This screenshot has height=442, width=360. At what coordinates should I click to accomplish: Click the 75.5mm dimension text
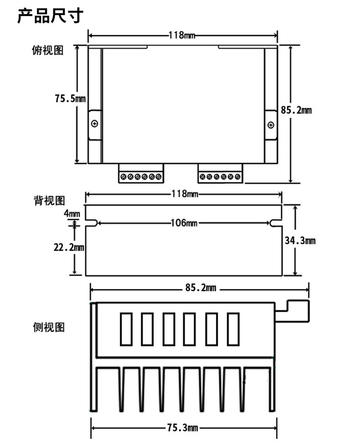pyautogui.click(x=70, y=98)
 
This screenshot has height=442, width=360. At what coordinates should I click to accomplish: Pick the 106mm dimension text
pyautogui.click(x=184, y=223)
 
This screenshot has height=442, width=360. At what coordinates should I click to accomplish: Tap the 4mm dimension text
pyautogui.click(x=72, y=213)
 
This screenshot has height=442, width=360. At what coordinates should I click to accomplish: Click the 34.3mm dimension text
pyautogui.click(x=300, y=241)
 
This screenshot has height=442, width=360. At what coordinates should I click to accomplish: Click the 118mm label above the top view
pyautogui.click(x=183, y=35)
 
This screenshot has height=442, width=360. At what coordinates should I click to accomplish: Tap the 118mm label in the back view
pyautogui.click(x=183, y=194)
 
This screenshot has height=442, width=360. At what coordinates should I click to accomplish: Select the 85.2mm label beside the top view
pyautogui.click(x=296, y=110)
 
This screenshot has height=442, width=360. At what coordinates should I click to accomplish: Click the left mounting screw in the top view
pyautogui.click(x=94, y=123)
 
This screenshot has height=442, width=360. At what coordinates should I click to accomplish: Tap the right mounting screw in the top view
pyautogui.click(x=270, y=125)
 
